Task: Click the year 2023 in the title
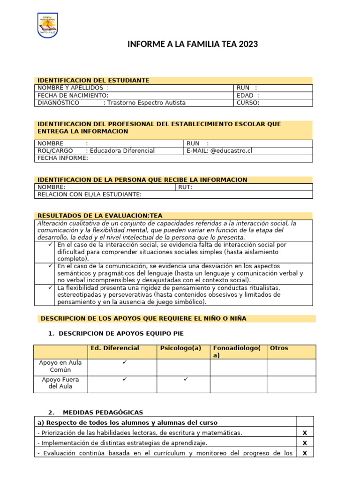248,45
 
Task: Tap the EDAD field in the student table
248,95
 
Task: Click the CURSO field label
248,103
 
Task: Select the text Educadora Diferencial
122,150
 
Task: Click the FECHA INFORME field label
63,158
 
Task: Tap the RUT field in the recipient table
185,187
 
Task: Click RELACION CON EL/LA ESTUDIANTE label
90,195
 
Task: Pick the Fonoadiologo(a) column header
237,352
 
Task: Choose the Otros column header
279,348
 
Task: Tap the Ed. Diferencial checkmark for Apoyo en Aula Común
125,362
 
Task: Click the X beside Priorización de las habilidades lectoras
305,433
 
